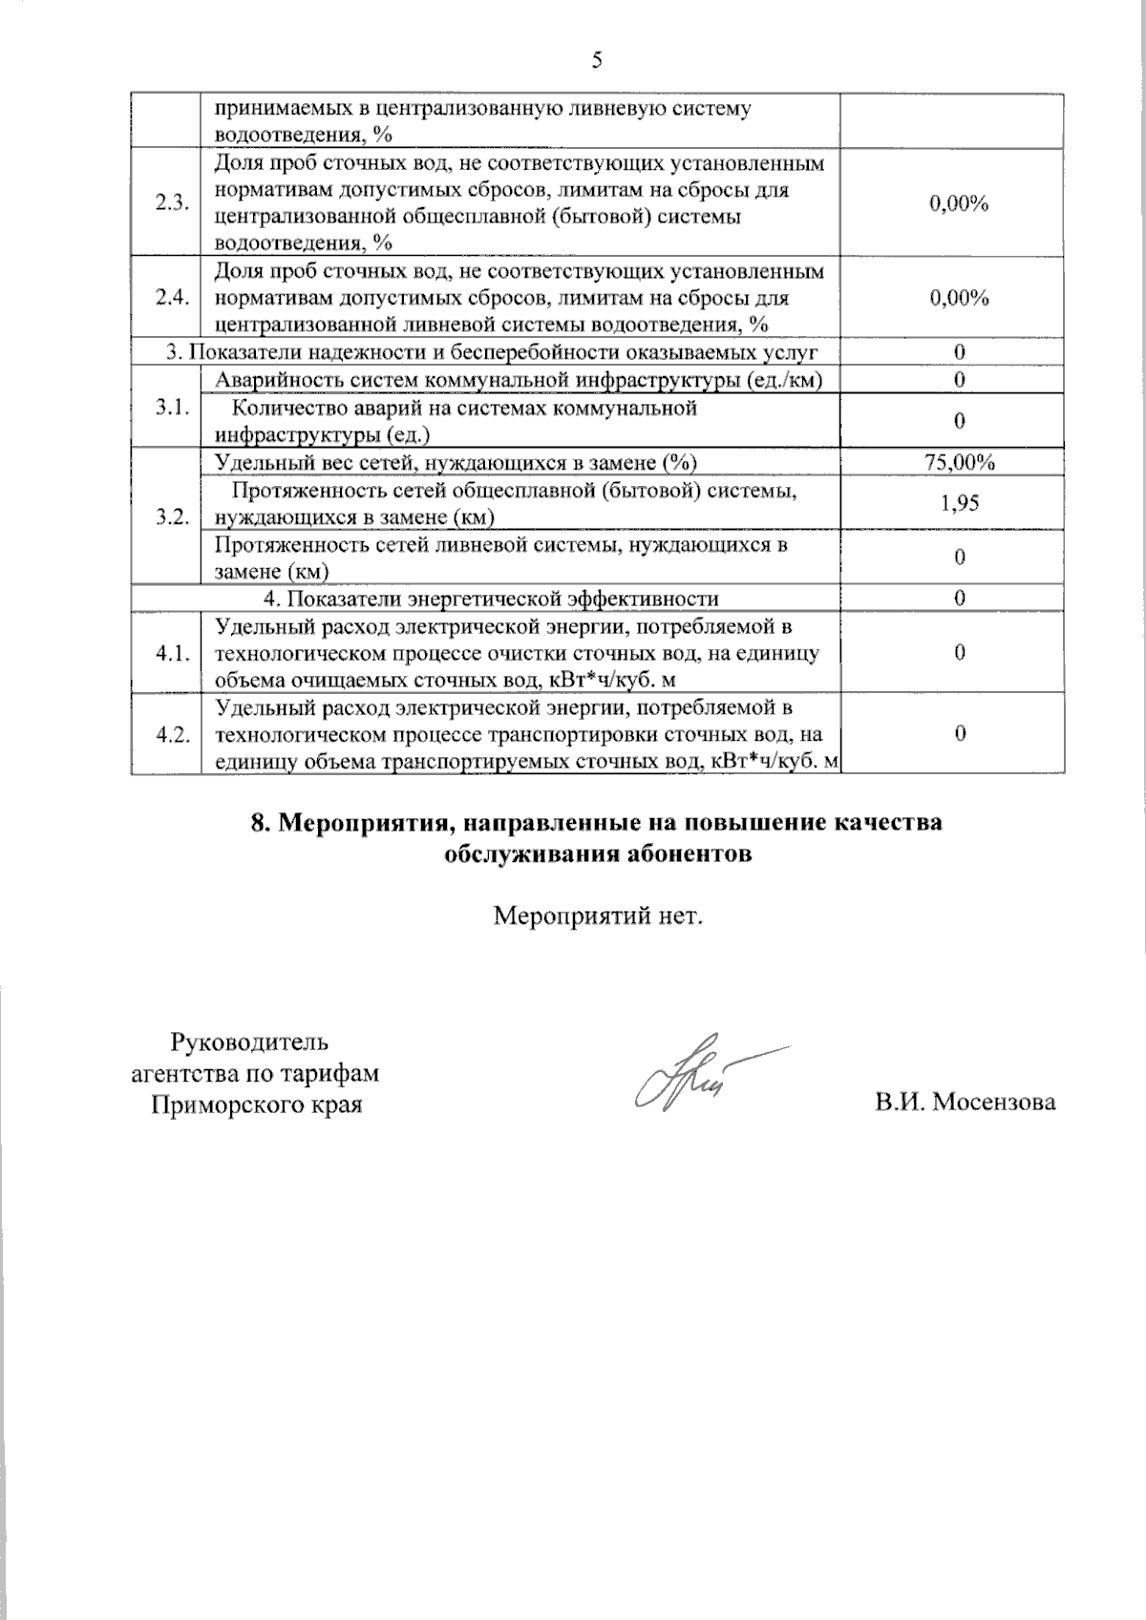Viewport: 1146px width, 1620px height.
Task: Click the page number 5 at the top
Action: point(597,61)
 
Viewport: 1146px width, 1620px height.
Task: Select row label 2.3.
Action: point(172,203)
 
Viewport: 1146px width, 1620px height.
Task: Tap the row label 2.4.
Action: point(172,298)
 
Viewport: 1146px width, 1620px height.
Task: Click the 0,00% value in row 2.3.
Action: point(959,203)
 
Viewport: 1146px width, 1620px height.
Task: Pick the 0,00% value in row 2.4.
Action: point(959,298)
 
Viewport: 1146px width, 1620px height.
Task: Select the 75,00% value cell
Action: point(959,463)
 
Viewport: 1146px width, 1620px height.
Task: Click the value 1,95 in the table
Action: point(959,503)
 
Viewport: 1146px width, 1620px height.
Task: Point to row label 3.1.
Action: point(172,408)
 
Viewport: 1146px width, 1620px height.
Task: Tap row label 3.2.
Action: point(172,517)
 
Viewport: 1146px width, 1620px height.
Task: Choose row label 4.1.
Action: point(172,654)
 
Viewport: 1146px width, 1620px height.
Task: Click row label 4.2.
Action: point(172,735)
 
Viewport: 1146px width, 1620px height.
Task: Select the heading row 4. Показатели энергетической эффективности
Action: point(491,600)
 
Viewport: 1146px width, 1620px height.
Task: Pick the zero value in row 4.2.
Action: point(959,733)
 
